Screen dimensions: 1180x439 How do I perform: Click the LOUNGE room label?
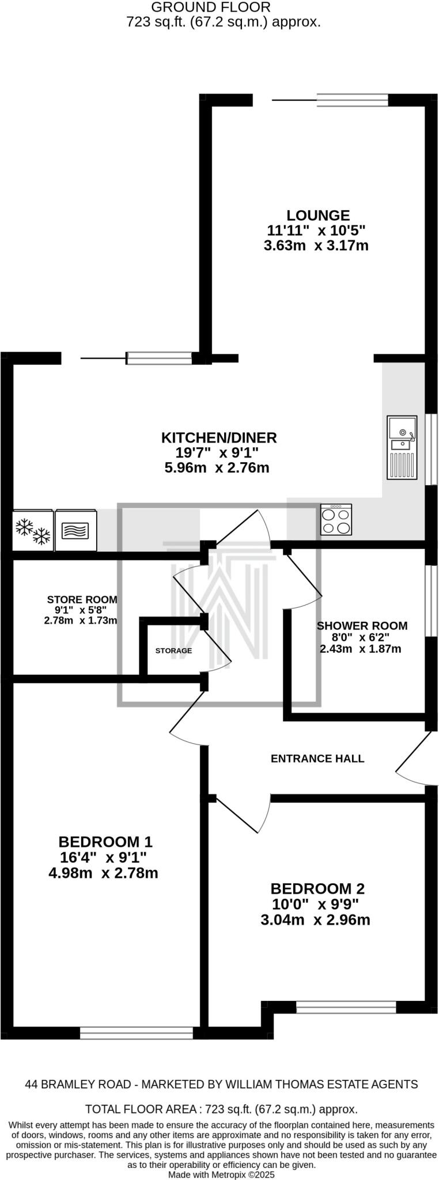point(318,215)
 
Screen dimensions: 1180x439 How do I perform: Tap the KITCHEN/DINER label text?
point(219,437)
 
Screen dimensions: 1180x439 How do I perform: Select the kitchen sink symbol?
point(402,448)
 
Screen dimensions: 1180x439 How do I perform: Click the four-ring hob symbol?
point(336,520)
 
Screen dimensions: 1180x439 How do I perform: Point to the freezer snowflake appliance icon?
point(32,530)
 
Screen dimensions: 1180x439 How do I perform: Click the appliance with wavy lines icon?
point(75,530)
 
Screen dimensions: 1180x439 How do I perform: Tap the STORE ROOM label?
point(82,599)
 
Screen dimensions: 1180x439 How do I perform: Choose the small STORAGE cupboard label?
point(173,650)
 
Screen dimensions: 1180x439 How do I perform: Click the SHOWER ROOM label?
point(362,626)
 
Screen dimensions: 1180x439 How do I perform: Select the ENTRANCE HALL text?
point(317,758)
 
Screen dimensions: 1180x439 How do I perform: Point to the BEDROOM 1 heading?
point(105,842)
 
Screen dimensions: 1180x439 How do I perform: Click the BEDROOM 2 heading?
point(317,888)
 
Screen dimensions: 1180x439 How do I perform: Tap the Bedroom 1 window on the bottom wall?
point(137,1033)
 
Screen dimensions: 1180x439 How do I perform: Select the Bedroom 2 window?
point(346,1007)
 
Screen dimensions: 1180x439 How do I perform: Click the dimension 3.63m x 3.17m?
point(316,246)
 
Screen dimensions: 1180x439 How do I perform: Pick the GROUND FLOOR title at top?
point(210,7)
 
